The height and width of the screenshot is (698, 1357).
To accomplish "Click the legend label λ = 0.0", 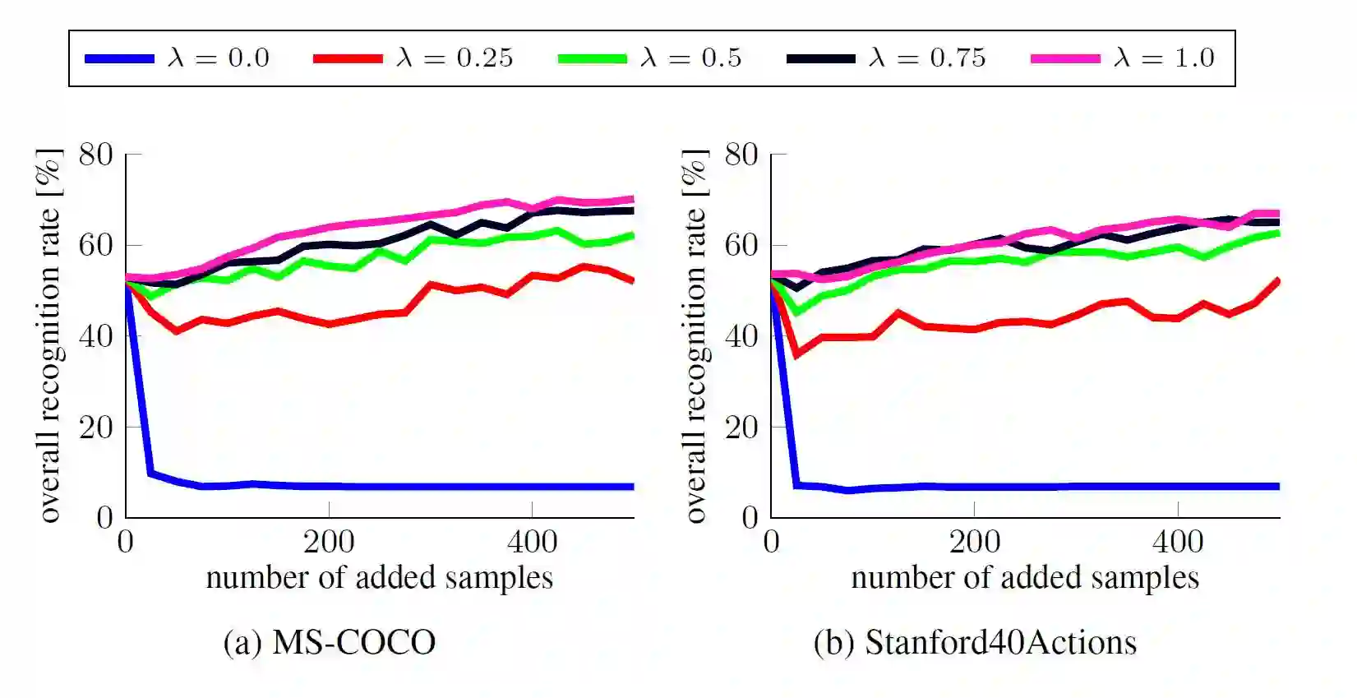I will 218,58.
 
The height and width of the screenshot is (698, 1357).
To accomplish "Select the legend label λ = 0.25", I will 455,58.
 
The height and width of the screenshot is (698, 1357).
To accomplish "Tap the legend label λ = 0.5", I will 690,58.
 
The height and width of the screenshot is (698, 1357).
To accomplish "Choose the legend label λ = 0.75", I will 927,58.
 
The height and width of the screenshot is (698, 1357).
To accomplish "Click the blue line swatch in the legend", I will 120,58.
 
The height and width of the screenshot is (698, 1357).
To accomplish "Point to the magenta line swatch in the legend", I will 1065,58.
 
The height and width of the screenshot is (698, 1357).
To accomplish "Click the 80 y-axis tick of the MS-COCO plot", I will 96,155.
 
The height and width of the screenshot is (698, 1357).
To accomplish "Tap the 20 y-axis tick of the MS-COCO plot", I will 96,427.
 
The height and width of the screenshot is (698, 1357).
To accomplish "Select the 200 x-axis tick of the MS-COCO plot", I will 329,542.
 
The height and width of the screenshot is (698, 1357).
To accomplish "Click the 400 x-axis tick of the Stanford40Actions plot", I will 1178,542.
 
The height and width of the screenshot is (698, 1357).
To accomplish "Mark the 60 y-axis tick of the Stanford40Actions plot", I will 741,245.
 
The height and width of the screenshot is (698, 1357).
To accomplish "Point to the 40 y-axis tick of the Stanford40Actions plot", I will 741,336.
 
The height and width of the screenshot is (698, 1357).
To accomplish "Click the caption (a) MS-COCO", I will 330,642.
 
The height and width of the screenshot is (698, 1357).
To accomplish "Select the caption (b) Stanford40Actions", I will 975,642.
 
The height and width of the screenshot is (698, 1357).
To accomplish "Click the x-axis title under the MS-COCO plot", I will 379,577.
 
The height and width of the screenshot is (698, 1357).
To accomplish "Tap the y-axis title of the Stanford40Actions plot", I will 695,335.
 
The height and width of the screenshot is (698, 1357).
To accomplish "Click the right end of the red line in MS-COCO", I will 632,280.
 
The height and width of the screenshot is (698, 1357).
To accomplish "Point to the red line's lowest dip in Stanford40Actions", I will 796,354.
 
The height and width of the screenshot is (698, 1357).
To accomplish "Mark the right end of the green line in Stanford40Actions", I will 1278,233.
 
